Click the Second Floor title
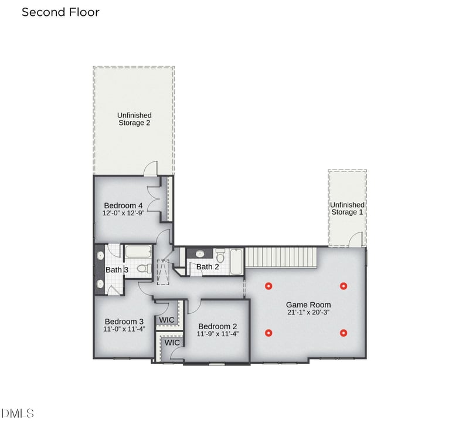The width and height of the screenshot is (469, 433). coord(60,12)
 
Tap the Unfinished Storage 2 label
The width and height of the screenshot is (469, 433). coord(134,119)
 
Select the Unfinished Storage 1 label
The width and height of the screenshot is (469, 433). coord(347,208)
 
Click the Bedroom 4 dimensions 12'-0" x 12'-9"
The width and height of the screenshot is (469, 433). coord(124,213)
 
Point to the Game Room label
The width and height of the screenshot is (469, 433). coord(308,305)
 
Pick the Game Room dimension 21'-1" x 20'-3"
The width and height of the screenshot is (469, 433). coord(308,312)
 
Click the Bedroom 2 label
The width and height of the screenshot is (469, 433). coord(217,326)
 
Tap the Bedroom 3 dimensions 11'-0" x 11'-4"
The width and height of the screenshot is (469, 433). coord(124,329)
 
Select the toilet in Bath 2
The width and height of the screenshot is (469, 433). coord(220,255)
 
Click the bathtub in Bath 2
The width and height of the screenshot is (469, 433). coord(236,262)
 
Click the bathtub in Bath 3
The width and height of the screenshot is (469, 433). coord(138,252)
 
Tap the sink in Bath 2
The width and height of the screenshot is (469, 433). coord(199,254)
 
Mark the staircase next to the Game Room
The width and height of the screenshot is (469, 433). coord(281,257)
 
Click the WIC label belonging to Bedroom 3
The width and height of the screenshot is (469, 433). coord(166,320)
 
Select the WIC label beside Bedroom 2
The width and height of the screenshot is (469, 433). coord(172,342)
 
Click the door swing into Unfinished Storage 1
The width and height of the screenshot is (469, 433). coord(356,239)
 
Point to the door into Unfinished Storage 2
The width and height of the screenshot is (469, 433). coord(151,168)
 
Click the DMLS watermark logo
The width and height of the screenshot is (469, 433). coord(18,413)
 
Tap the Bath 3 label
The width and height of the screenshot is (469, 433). coord(117,270)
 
